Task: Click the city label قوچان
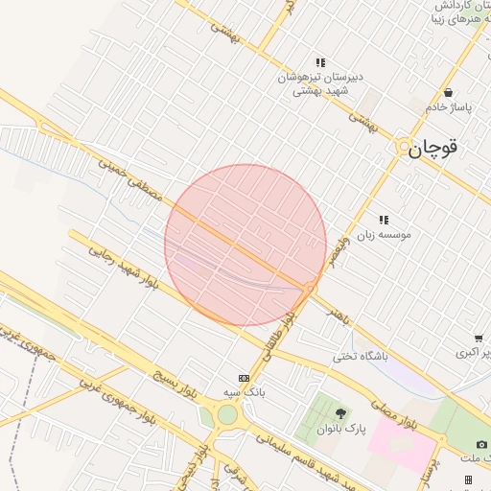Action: pos(433,148)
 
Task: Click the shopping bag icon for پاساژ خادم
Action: pos(449,92)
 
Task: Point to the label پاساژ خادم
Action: pos(449,106)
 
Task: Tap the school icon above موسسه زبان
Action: pos(384,220)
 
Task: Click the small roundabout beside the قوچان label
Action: pos(402,145)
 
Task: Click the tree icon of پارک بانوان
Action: pos(340,413)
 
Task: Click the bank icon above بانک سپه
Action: pos(244,378)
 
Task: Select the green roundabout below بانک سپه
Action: pos(227,414)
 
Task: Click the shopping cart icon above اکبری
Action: pos(478,339)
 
